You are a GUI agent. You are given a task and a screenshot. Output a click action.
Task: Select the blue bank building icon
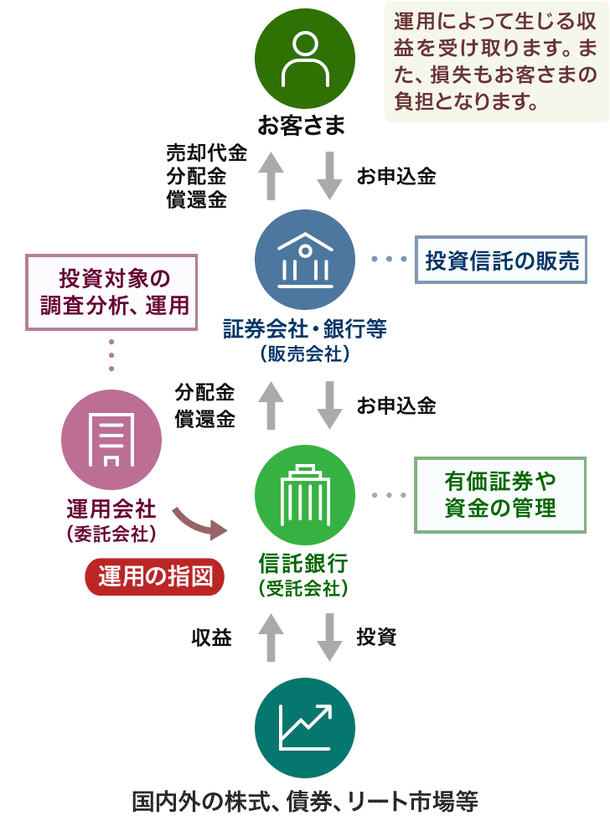click(304, 258)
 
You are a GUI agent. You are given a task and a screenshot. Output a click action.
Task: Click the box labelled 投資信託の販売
click(502, 260)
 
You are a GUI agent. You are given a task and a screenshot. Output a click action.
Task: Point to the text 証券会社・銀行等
click(304, 329)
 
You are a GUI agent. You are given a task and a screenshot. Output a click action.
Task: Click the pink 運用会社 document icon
click(111, 441)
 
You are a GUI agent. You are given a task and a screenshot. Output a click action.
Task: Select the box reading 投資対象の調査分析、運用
click(111, 291)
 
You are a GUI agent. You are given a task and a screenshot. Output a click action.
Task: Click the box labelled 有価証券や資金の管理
click(500, 494)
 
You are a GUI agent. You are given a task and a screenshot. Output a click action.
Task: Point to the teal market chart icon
click(304, 727)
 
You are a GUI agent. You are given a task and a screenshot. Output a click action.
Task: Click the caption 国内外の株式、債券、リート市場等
click(305, 799)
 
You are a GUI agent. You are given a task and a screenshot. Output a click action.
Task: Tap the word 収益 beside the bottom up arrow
click(211, 638)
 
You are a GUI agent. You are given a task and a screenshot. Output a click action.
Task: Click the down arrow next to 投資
click(329, 638)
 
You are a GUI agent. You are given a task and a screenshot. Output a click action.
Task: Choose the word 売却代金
click(206, 153)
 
